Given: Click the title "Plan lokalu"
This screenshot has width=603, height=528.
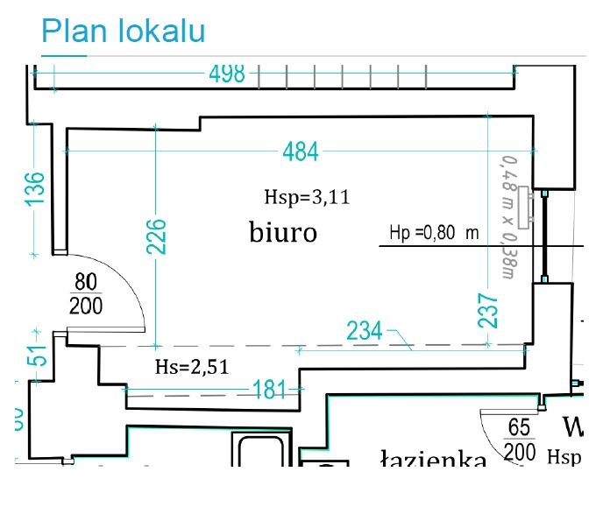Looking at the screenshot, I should [123, 32].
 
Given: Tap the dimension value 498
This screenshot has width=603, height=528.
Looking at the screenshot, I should [227, 74].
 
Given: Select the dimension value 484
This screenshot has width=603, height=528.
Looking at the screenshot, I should [300, 151].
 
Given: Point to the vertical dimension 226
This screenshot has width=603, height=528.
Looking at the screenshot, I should [156, 236].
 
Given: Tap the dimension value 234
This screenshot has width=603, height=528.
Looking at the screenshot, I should [365, 331].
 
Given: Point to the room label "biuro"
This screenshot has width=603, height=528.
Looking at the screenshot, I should [281, 233].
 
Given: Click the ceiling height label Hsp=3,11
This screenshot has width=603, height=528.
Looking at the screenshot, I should [306, 197].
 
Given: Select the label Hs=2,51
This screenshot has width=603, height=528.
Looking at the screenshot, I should [191, 367].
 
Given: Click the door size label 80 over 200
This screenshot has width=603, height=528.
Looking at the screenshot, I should [85, 294].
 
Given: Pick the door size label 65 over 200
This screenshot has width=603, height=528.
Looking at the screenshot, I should [521, 440].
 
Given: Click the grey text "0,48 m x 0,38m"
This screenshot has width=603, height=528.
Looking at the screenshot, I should [506, 216].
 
